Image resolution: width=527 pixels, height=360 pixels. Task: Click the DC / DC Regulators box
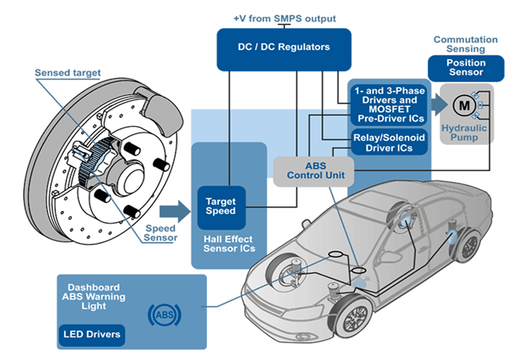(x=284, y=47)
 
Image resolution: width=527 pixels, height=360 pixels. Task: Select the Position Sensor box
(x=466, y=68)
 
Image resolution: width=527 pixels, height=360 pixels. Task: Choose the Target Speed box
(x=221, y=207)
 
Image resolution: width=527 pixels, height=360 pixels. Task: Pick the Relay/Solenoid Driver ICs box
(x=389, y=143)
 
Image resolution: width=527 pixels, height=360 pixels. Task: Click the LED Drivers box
(x=92, y=334)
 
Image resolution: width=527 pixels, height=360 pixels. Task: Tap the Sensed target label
(x=67, y=73)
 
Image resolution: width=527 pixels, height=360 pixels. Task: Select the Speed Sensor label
(x=160, y=232)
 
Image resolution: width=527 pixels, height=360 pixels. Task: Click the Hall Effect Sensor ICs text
(x=229, y=244)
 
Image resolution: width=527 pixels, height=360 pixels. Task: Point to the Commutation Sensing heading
(x=465, y=44)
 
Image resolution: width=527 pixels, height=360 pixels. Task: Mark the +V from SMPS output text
(x=284, y=19)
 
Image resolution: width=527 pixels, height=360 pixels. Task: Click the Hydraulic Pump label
(x=464, y=133)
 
